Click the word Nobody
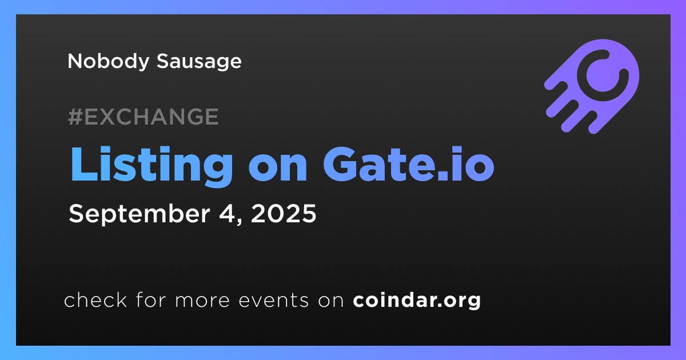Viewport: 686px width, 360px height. [x=108, y=62]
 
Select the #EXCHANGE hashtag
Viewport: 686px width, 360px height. [x=143, y=117]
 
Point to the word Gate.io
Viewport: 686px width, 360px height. [x=409, y=164]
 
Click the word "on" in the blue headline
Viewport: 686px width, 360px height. [x=278, y=169]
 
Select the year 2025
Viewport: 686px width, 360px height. [x=284, y=213]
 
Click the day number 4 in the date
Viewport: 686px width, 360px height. [x=228, y=214]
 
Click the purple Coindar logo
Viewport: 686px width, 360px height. [x=592, y=86]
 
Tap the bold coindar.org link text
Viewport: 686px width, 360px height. [x=417, y=301]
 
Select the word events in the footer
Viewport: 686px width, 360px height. [x=273, y=301]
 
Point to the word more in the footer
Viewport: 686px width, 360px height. [x=202, y=301]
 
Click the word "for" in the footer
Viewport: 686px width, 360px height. [x=151, y=299]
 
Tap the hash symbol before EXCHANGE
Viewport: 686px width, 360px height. [x=75, y=117]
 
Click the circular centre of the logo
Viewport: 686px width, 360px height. [x=603, y=75]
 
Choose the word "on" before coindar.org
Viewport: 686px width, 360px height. [x=331, y=301]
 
